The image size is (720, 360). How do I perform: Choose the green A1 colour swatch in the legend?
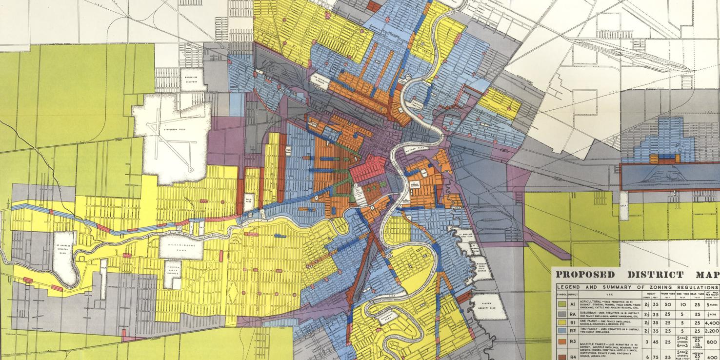[561, 303]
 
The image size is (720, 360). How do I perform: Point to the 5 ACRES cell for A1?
[712, 303]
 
